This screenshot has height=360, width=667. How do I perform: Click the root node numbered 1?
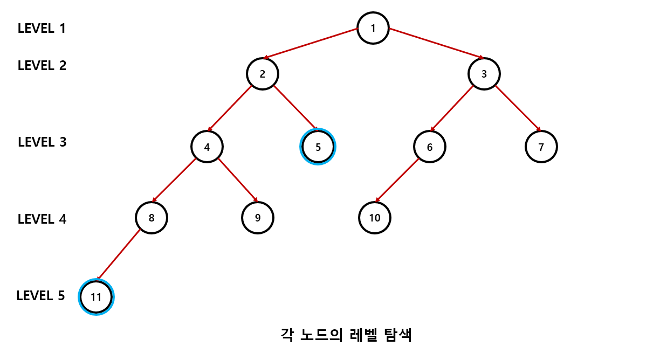tap(373, 28)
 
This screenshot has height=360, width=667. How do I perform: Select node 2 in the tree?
tap(262, 74)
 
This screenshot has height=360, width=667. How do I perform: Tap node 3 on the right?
tap(484, 74)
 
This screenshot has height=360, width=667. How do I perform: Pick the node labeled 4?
tap(207, 147)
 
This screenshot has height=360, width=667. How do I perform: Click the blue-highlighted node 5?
tap(318, 147)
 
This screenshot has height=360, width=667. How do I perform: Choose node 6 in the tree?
tap(430, 147)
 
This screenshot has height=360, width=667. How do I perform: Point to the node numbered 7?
tap(541, 147)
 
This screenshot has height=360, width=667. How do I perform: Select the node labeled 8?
tap(152, 218)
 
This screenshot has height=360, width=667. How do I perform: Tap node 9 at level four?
tap(258, 218)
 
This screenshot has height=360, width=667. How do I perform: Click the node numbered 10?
tap(375, 218)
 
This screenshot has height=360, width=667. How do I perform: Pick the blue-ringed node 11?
tap(96, 297)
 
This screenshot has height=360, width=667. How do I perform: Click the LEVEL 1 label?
tap(42, 28)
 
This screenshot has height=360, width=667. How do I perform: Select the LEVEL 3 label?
tap(42, 142)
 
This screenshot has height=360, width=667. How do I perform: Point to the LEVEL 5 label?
tap(40, 296)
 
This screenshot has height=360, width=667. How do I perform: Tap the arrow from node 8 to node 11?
tap(119, 255)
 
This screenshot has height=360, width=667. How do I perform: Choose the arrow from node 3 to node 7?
tap(518, 107)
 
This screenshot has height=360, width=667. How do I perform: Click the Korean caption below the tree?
tap(347, 335)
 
